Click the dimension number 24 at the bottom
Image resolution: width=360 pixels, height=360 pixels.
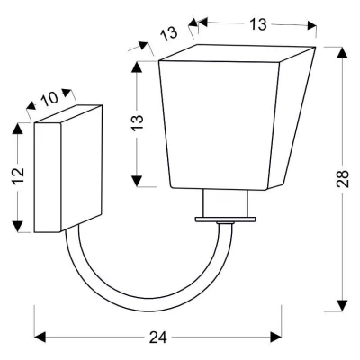(x=158, y=337)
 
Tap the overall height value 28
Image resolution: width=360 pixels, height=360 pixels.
(x=342, y=179)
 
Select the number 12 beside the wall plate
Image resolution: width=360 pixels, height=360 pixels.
(x=18, y=176)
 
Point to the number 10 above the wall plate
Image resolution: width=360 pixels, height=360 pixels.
(x=50, y=98)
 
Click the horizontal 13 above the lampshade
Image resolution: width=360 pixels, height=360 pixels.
(x=258, y=24)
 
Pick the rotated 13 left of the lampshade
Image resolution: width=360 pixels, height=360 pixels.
(x=138, y=121)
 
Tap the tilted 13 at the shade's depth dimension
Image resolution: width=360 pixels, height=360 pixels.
(x=169, y=33)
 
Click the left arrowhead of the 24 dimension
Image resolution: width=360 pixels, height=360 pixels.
(x=40, y=337)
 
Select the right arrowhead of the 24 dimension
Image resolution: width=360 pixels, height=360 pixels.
(x=275, y=337)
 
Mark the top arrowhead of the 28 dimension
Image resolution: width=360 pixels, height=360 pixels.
(x=342, y=53)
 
